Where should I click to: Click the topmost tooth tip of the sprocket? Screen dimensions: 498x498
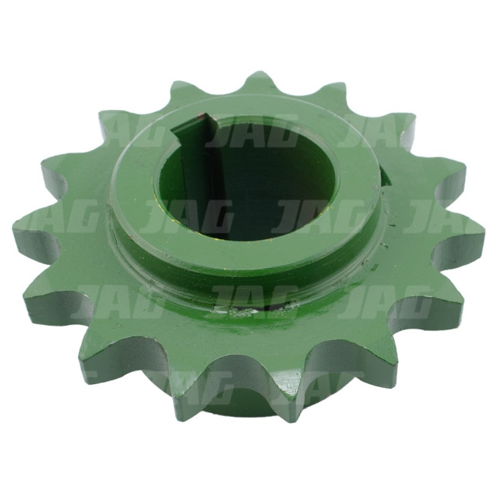point(257,74)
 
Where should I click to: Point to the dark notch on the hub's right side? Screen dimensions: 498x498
point(383,177)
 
